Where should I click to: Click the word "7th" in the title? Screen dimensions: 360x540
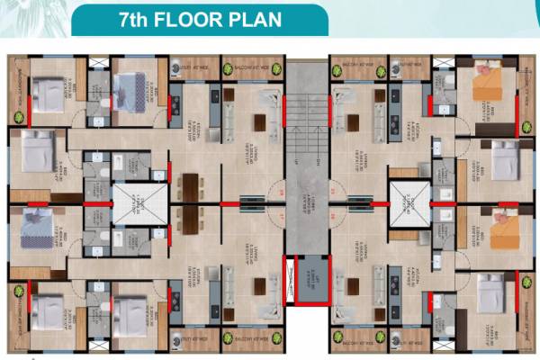[x=137, y=19]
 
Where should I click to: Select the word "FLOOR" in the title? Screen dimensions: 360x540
[x=198, y=19]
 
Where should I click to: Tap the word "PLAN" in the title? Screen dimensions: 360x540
[x=256, y=19]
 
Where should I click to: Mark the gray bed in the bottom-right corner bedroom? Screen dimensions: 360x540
[x=490, y=293]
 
